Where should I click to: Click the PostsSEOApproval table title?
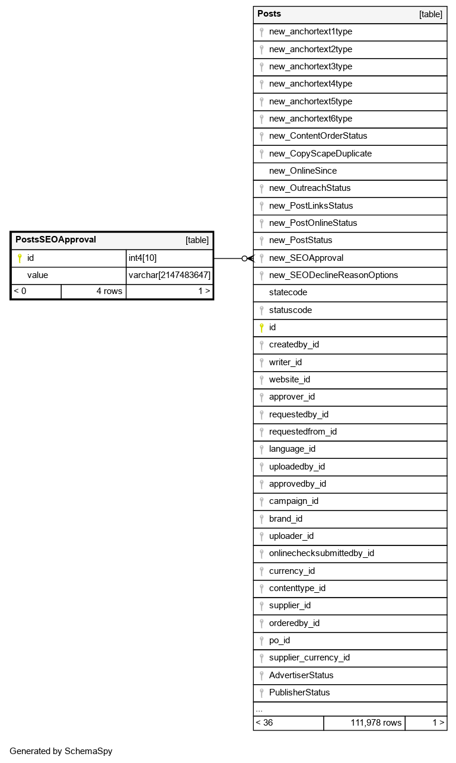(x=56, y=240)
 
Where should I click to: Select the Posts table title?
(x=269, y=14)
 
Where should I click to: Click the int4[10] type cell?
(x=142, y=258)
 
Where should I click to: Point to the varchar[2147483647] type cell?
(x=170, y=275)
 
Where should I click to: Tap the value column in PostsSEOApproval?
(x=37, y=275)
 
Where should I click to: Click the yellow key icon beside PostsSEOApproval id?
(x=20, y=258)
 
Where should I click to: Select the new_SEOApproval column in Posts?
(x=306, y=258)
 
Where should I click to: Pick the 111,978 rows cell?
(x=376, y=723)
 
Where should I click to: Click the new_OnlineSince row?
(x=302, y=171)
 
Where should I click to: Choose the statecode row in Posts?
(x=288, y=292)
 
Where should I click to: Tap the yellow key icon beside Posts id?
(x=261, y=327)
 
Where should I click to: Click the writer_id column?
(x=285, y=362)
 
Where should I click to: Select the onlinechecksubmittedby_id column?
(x=321, y=553)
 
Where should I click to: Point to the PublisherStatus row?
(x=299, y=692)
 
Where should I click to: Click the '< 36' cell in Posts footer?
(x=264, y=723)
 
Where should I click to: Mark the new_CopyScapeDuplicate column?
(x=320, y=154)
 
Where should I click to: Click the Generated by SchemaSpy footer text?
(x=61, y=751)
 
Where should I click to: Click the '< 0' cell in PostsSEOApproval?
(x=20, y=291)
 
